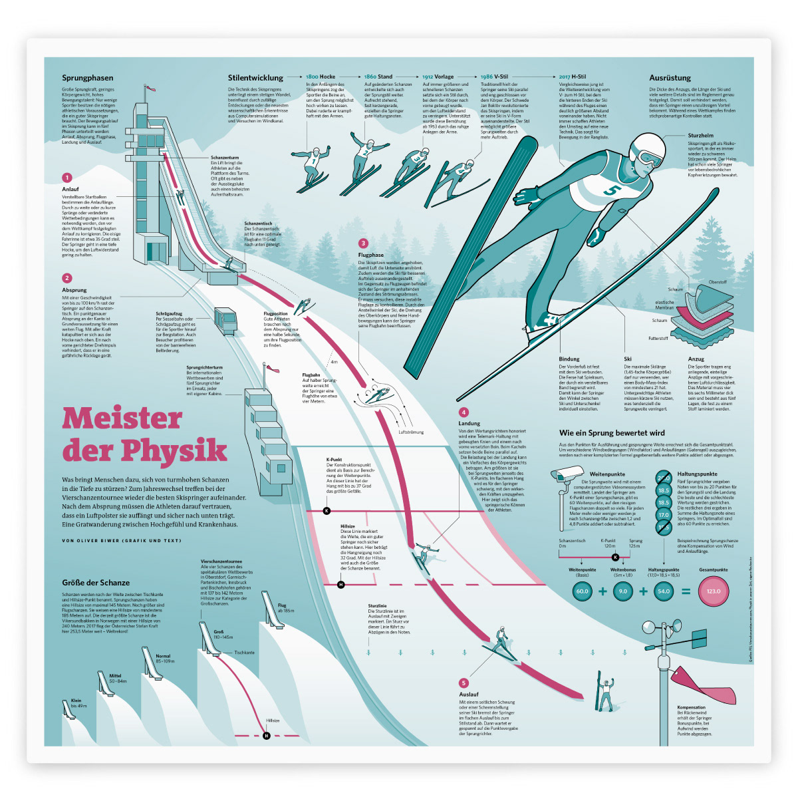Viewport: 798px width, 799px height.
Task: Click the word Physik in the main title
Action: tap(174, 451)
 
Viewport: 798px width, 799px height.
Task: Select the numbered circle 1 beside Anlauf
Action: tap(66, 178)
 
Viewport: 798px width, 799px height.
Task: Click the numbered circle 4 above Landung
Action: tap(464, 412)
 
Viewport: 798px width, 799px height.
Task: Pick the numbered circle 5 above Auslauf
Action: tap(464, 683)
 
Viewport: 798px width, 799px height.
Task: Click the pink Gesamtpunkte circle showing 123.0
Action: tap(713, 591)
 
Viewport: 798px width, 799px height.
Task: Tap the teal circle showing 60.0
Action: tap(582, 591)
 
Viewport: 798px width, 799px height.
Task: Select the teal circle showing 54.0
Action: tap(663, 591)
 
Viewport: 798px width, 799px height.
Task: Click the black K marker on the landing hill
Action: tap(327, 511)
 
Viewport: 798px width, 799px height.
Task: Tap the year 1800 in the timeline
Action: tap(312, 77)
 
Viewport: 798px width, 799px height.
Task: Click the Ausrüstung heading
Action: tap(670, 78)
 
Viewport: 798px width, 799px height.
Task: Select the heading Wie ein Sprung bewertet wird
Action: tap(612, 433)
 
